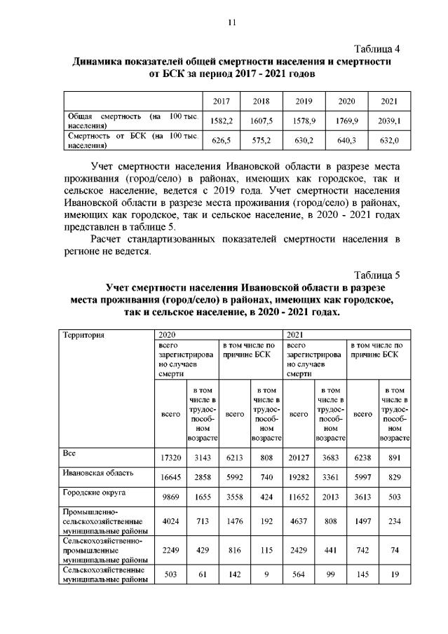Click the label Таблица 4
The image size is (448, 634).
[x=376, y=49]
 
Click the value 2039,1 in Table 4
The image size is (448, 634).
[x=389, y=120]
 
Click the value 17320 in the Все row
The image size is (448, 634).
[x=171, y=457]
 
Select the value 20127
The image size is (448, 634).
[x=299, y=457]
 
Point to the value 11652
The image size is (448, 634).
[x=299, y=497]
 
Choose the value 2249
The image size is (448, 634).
[x=171, y=551]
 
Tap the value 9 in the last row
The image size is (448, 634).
[x=266, y=576]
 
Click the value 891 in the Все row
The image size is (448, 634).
[x=394, y=457]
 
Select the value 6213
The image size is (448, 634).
[x=235, y=457]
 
